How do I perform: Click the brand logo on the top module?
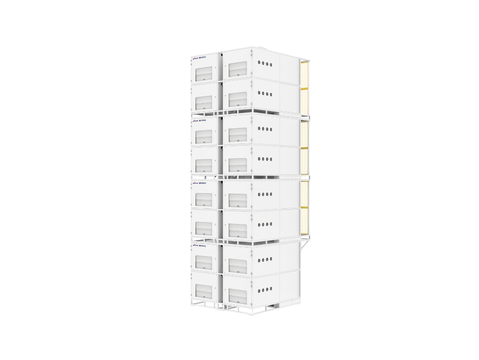[201, 58]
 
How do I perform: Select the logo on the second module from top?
[201, 120]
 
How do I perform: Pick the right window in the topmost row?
[237, 69]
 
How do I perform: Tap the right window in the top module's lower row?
[237, 100]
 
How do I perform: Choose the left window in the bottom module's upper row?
[204, 262]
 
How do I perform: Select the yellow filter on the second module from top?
[305, 148]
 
